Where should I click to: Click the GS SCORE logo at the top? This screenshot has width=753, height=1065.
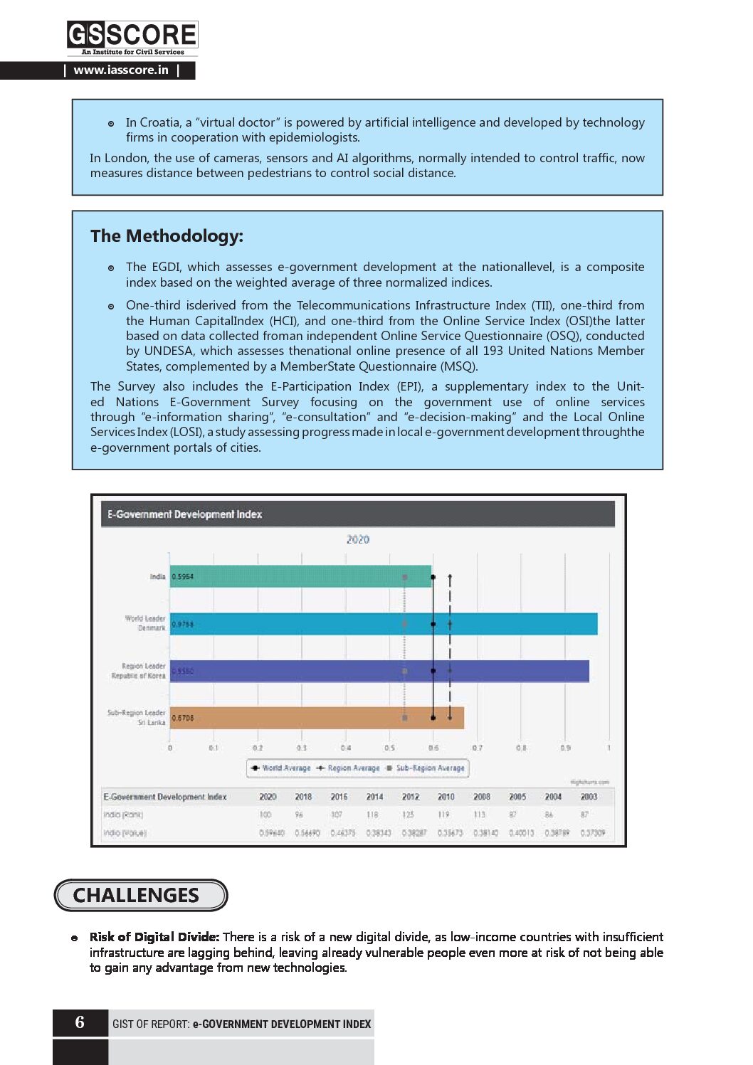coord(132,37)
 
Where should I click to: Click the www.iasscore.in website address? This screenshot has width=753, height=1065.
coord(121,70)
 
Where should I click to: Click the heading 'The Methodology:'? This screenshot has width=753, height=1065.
coord(167,236)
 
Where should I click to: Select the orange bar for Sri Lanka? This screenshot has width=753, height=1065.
coord(317,718)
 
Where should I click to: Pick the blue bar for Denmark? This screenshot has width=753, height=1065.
coord(384,624)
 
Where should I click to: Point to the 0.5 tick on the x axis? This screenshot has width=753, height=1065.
coord(389,748)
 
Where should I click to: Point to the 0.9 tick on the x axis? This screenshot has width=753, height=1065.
coord(565,748)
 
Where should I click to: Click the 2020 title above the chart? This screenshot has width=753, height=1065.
coord(358,539)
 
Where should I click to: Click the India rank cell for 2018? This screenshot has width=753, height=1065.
coord(300,815)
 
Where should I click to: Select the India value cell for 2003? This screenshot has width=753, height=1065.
coord(592,833)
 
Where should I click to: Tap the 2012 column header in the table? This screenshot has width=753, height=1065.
coord(411,797)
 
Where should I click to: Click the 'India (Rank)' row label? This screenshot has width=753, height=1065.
coord(123,815)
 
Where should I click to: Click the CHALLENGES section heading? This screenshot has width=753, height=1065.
coord(136,895)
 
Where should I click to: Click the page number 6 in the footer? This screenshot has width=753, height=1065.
coord(80,1022)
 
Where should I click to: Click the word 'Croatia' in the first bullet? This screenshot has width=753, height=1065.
coord(159,122)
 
